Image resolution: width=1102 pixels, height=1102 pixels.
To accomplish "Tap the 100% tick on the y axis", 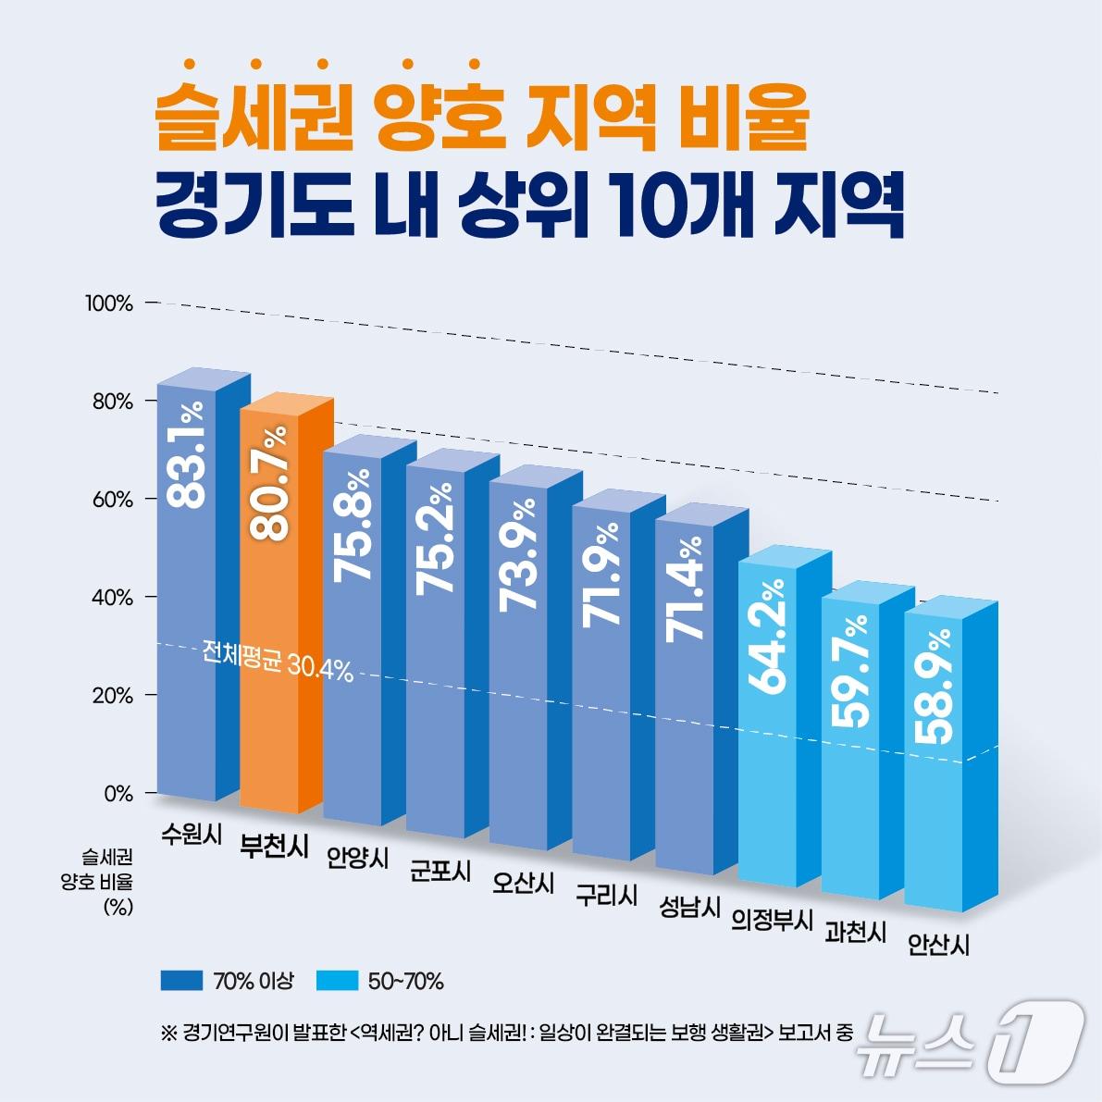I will point(109,303).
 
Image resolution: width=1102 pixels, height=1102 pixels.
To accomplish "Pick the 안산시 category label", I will point(938,945).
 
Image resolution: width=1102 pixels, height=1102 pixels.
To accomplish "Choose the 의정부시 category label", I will point(772,921).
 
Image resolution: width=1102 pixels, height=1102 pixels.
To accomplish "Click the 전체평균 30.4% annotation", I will point(278,668).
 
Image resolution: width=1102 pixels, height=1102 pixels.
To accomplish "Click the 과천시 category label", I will point(855,932).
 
